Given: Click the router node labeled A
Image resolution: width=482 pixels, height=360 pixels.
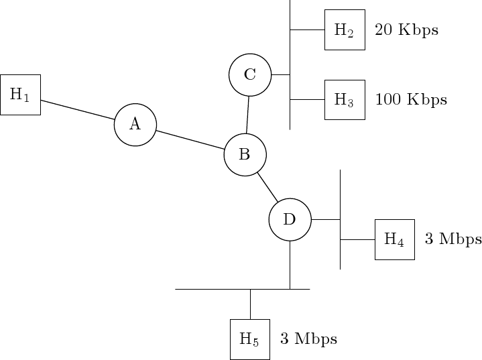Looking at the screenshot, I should point(135,124).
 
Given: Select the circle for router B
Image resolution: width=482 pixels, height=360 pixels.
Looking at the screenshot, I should point(245,155).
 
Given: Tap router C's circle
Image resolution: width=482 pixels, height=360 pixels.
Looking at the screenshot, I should point(250,74).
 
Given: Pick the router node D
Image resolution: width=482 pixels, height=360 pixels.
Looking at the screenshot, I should point(290,219).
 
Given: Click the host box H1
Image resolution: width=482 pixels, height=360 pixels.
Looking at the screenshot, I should point(20,95).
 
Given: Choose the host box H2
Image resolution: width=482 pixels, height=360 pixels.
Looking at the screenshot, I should point(345,29).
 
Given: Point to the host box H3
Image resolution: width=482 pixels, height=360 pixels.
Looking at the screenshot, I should point(345,100).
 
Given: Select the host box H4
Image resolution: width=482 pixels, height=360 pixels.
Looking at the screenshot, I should point(394,239).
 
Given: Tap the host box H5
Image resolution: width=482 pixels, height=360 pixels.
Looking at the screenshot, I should point(249,339).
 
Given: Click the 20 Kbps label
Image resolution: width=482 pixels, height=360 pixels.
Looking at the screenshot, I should point(406,30).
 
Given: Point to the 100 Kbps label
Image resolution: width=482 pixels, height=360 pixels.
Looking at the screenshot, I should point(410,100).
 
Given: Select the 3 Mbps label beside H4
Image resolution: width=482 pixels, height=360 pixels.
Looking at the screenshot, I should point(453,239).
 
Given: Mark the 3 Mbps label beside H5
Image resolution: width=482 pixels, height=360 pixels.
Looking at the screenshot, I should point(308,339).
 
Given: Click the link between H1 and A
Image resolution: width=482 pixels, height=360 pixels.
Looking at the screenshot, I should point(77,110).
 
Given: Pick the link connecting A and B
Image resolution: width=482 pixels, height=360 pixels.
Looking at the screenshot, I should point(190,139).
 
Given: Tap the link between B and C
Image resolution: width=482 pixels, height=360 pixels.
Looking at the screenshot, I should point(248,115).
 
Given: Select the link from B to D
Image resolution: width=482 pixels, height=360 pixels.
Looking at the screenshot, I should point(267,188).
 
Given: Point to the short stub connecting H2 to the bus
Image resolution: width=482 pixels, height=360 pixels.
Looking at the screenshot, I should point(307,29).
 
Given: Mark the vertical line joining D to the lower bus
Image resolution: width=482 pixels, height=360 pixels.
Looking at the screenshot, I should point(290,265).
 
